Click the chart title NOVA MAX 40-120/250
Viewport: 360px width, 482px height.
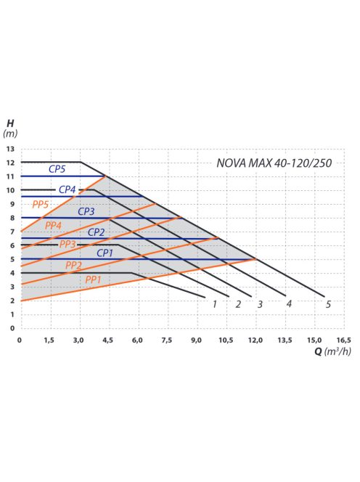pos(274,163)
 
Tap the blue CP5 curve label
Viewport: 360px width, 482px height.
pos(58,169)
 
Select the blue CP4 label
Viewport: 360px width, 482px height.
pos(67,189)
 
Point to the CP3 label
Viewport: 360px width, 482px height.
pos(86,211)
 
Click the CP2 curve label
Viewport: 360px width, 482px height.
pos(97,232)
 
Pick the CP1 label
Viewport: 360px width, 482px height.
pos(105,253)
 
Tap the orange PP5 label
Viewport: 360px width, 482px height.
pos(41,205)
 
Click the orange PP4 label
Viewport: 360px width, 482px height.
pos(53,226)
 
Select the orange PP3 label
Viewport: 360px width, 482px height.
pos(67,244)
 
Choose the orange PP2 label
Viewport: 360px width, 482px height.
pos(73,265)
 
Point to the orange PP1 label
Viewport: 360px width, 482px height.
pos(93,279)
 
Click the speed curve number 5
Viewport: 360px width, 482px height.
pos(329,304)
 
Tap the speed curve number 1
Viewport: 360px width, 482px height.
pos(215,304)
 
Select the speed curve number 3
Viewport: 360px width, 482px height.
pos(259,304)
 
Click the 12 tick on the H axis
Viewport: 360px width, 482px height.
pos(10,163)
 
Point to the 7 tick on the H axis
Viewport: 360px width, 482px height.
pos(11,232)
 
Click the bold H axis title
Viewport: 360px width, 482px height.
pos(9,123)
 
